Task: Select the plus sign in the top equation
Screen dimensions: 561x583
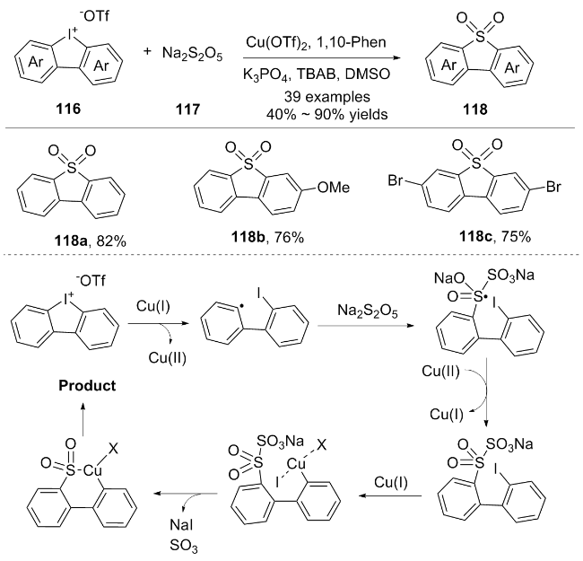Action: click(148, 55)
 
